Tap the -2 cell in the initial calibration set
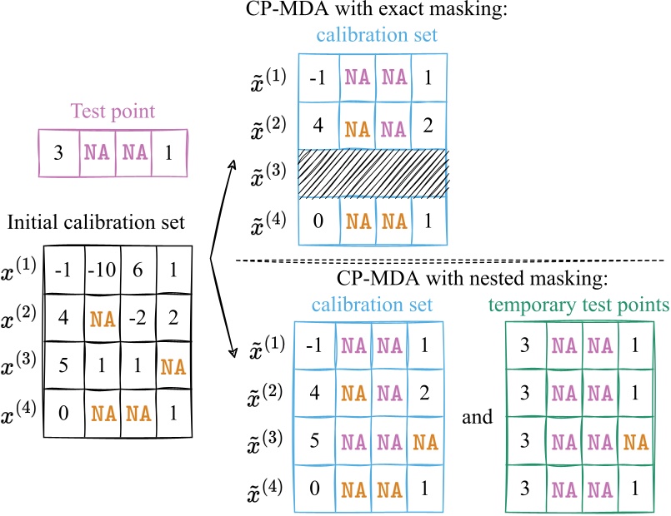pos(138,317)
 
